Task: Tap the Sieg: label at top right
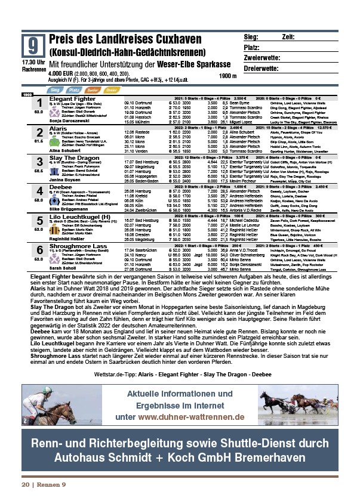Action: coord(251,37)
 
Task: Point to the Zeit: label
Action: coord(289,37)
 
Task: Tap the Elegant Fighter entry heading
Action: coord(72,98)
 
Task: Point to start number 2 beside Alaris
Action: coord(39,132)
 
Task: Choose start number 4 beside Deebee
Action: coord(39,191)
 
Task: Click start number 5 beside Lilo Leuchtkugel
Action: coord(39,221)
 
